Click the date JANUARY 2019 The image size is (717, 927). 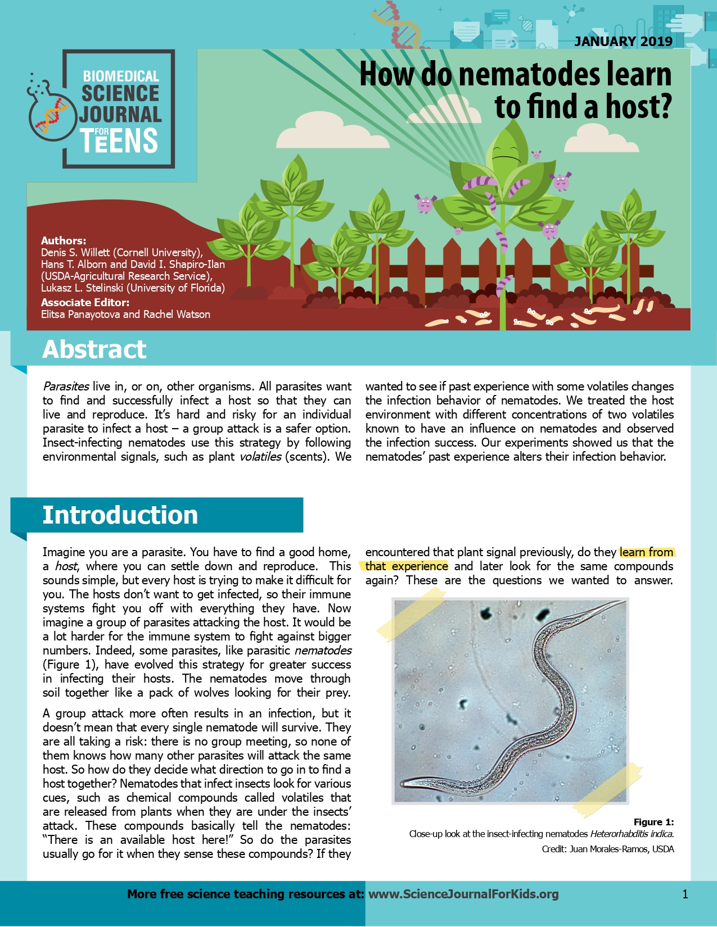623,41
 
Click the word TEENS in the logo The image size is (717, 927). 119,140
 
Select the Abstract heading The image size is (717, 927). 94,349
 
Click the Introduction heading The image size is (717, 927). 120,515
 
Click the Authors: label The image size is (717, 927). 64,240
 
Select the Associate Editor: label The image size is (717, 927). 85,302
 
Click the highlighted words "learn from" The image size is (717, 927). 646,552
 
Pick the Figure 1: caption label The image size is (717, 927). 653,822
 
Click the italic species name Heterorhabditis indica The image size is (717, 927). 632,834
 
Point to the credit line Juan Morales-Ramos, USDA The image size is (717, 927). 621,849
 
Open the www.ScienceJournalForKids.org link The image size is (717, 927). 463,894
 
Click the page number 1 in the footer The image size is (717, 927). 685,894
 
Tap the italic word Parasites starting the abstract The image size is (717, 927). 66,387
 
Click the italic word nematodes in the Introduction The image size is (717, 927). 323,651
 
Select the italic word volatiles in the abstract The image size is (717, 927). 260,457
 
